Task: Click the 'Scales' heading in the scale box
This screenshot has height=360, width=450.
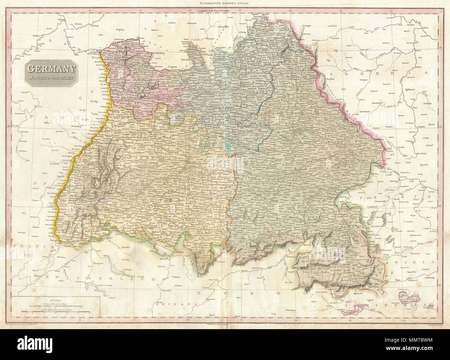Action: [55, 300]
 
